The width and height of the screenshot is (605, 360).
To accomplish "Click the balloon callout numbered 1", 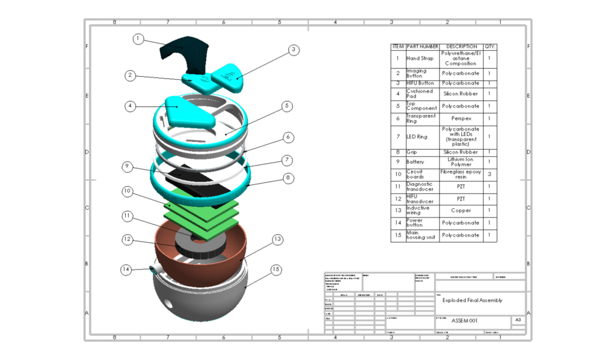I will click(138, 39).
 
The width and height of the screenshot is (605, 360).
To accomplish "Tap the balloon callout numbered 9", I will click(126, 167).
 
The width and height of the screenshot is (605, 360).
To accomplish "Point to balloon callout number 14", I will click(126, 270).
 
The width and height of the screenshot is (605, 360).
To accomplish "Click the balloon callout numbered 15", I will click(275, 270).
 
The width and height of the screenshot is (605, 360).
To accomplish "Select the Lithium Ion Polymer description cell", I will click(461, 163).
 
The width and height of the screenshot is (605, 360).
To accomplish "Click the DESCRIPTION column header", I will click(461, 46).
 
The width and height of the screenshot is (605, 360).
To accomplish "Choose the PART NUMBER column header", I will click(422, 46).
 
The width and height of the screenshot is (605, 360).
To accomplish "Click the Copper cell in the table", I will click(461, 210).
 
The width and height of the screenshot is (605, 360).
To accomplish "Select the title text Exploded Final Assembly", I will click(473, 300).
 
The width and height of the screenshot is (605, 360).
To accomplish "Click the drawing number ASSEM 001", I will click(464, 321).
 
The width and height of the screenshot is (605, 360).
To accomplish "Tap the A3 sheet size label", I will click(518, 320).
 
